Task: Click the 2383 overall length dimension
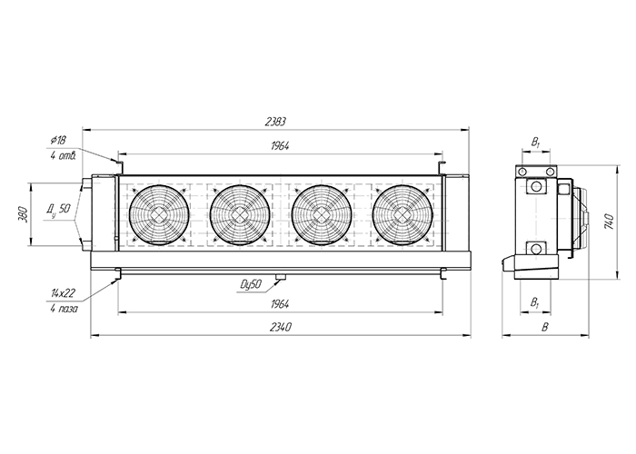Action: pos(275,122)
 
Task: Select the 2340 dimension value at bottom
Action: pos(280,328)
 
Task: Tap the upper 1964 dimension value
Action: pos(280,146)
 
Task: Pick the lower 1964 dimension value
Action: pos(280,304)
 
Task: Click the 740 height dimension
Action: pos(610,222)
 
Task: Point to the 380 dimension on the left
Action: pos(23,214)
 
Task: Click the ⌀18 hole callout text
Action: pos(58,141)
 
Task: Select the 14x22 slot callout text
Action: pos(63,292)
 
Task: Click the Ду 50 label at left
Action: pos(58,209)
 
